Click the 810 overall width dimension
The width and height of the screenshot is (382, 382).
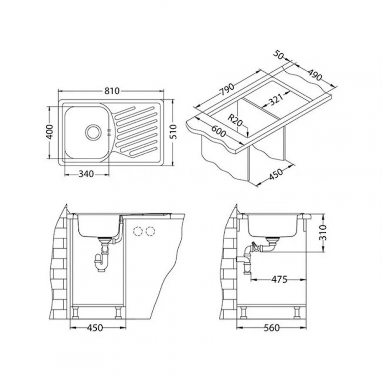(112, 91)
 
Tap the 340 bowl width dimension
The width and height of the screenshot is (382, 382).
(87, 174)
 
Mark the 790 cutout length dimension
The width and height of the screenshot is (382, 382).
(227, 87)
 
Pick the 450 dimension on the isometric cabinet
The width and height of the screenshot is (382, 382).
(276, 175)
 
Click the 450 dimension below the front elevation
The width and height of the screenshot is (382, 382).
(95, 328)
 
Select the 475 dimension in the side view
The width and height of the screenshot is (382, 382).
(279, 279)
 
